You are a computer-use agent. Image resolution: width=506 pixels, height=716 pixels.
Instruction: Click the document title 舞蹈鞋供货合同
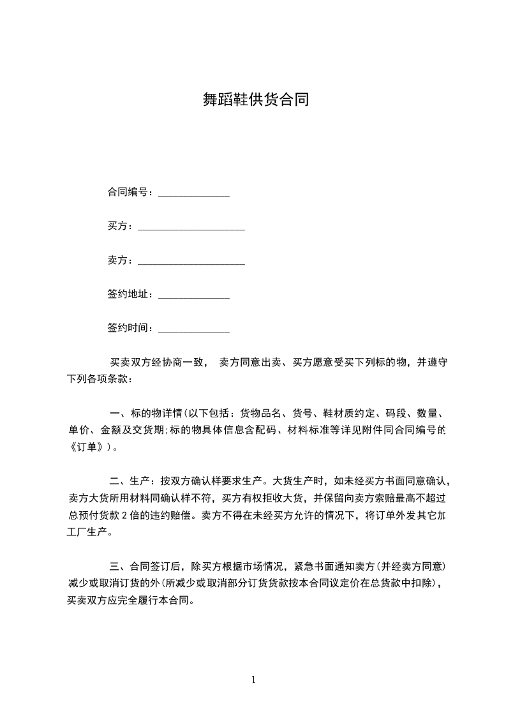(x=255, y=100)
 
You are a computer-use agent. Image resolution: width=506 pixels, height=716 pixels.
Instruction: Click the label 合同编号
(x=128, y=192)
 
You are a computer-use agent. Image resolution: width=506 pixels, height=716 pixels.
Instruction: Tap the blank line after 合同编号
(x=193, y=193)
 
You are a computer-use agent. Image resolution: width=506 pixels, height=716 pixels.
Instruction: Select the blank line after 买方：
(x=191, y=227)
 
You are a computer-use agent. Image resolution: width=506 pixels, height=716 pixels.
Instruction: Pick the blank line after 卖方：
(x=191, y=262)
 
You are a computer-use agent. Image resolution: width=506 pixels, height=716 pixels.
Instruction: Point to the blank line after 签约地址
(x=193, y=296)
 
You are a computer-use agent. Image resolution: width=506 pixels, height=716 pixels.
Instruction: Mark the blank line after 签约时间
(x=193, y=329)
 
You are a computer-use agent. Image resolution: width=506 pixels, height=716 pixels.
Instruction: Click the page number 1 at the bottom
(x=253, y=680)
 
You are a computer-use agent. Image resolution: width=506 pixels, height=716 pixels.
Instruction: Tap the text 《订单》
(x=88, y=447)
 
